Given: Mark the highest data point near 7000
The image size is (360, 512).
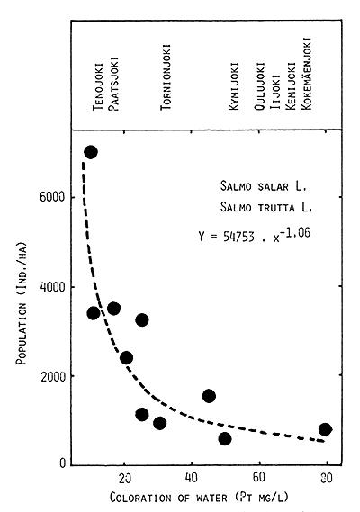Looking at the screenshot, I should click(x=90, y=152).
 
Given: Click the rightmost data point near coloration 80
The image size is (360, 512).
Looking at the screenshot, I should click(x=325, y=429).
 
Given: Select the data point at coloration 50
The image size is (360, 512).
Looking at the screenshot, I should click(x=225, y=439).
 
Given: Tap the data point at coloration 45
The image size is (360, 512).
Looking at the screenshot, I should click(x=209, y=396).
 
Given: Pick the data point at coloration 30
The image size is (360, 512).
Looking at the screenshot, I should click(x=159, y=423).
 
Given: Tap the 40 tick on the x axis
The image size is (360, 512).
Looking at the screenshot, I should click(x=192, y=476).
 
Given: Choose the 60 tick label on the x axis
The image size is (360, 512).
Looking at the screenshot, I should click(x=259, y=476).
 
